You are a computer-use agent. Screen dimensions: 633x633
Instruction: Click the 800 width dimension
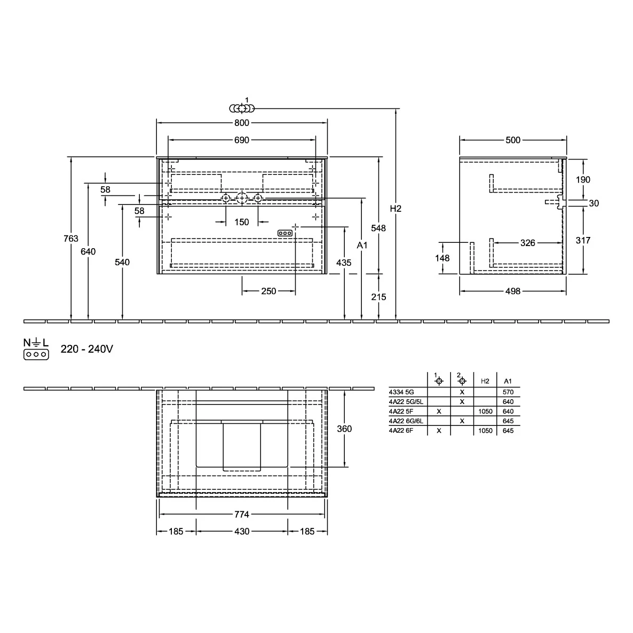242,123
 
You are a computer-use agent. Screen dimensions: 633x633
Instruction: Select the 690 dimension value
242,140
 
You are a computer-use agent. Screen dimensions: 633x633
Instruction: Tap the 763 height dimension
70,239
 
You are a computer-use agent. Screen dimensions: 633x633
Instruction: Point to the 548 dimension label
378,228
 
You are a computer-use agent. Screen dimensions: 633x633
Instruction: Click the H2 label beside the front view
395,209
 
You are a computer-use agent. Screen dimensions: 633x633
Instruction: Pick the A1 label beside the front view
362,245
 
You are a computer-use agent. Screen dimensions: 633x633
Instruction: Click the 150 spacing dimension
242,222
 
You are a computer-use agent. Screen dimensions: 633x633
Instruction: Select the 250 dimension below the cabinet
268,291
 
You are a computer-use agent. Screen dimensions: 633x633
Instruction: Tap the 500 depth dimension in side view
513,140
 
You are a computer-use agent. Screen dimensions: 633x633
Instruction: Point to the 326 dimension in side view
528,243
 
